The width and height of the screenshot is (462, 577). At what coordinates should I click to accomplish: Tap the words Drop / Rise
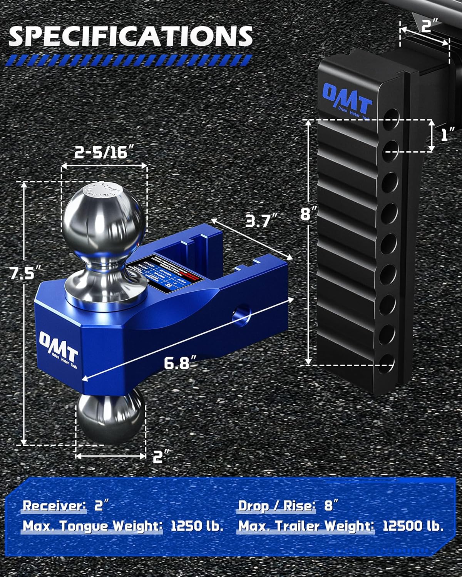coord(276,505)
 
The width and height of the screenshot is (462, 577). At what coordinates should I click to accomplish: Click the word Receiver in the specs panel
coord(54,505)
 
